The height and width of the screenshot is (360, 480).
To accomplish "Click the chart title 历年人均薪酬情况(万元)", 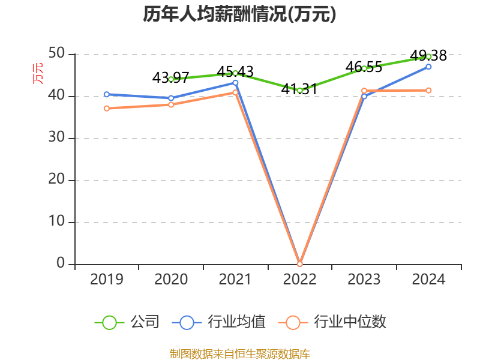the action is [239, 14].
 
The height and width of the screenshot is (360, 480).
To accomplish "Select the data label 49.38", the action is [428, 55].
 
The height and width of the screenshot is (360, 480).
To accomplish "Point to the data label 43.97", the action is [171, 78].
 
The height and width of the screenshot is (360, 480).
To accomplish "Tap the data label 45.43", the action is [235, 71].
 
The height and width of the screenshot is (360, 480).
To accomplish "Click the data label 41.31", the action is [299, 89].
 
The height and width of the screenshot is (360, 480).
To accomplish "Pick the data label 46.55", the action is [364, 67].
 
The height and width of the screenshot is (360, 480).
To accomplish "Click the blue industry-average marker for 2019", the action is [107, 94].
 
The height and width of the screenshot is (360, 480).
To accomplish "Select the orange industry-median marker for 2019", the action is [107, 109].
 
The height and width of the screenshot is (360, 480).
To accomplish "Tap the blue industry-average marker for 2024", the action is [428, 67].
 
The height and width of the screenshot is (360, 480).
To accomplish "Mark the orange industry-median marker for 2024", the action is [428, 91].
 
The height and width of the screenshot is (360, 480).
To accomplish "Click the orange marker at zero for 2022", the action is [299, 264].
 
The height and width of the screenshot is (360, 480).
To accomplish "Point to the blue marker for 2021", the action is [235, 83].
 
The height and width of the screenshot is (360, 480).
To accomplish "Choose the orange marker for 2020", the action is [171, 104].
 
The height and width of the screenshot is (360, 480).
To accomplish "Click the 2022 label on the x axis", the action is [299, 279].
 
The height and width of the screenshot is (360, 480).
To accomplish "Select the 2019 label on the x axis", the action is [107, 279].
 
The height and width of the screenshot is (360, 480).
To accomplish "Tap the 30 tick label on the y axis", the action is [56, 137].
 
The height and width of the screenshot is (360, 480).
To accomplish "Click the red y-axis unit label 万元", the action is [38, 73].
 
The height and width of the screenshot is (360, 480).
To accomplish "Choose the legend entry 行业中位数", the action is [332, 322].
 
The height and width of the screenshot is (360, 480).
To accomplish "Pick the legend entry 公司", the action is [127, 322].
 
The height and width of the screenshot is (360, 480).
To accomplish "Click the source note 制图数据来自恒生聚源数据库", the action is [240, 354].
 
